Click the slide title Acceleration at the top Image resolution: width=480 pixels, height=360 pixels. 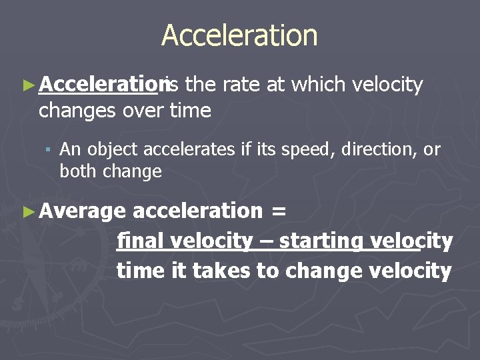coord(239,35)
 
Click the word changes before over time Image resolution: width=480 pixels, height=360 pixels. coord(78,110)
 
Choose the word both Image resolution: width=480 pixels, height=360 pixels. coord(76,171)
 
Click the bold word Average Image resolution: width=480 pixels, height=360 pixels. coord(82,211)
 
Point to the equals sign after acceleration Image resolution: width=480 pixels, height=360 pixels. coord(278,211)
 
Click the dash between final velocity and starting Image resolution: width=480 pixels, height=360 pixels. coord(265,241)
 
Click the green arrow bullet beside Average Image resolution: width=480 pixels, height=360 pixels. coord(27,211)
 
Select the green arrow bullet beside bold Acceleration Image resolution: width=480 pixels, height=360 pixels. coord(27,85)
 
